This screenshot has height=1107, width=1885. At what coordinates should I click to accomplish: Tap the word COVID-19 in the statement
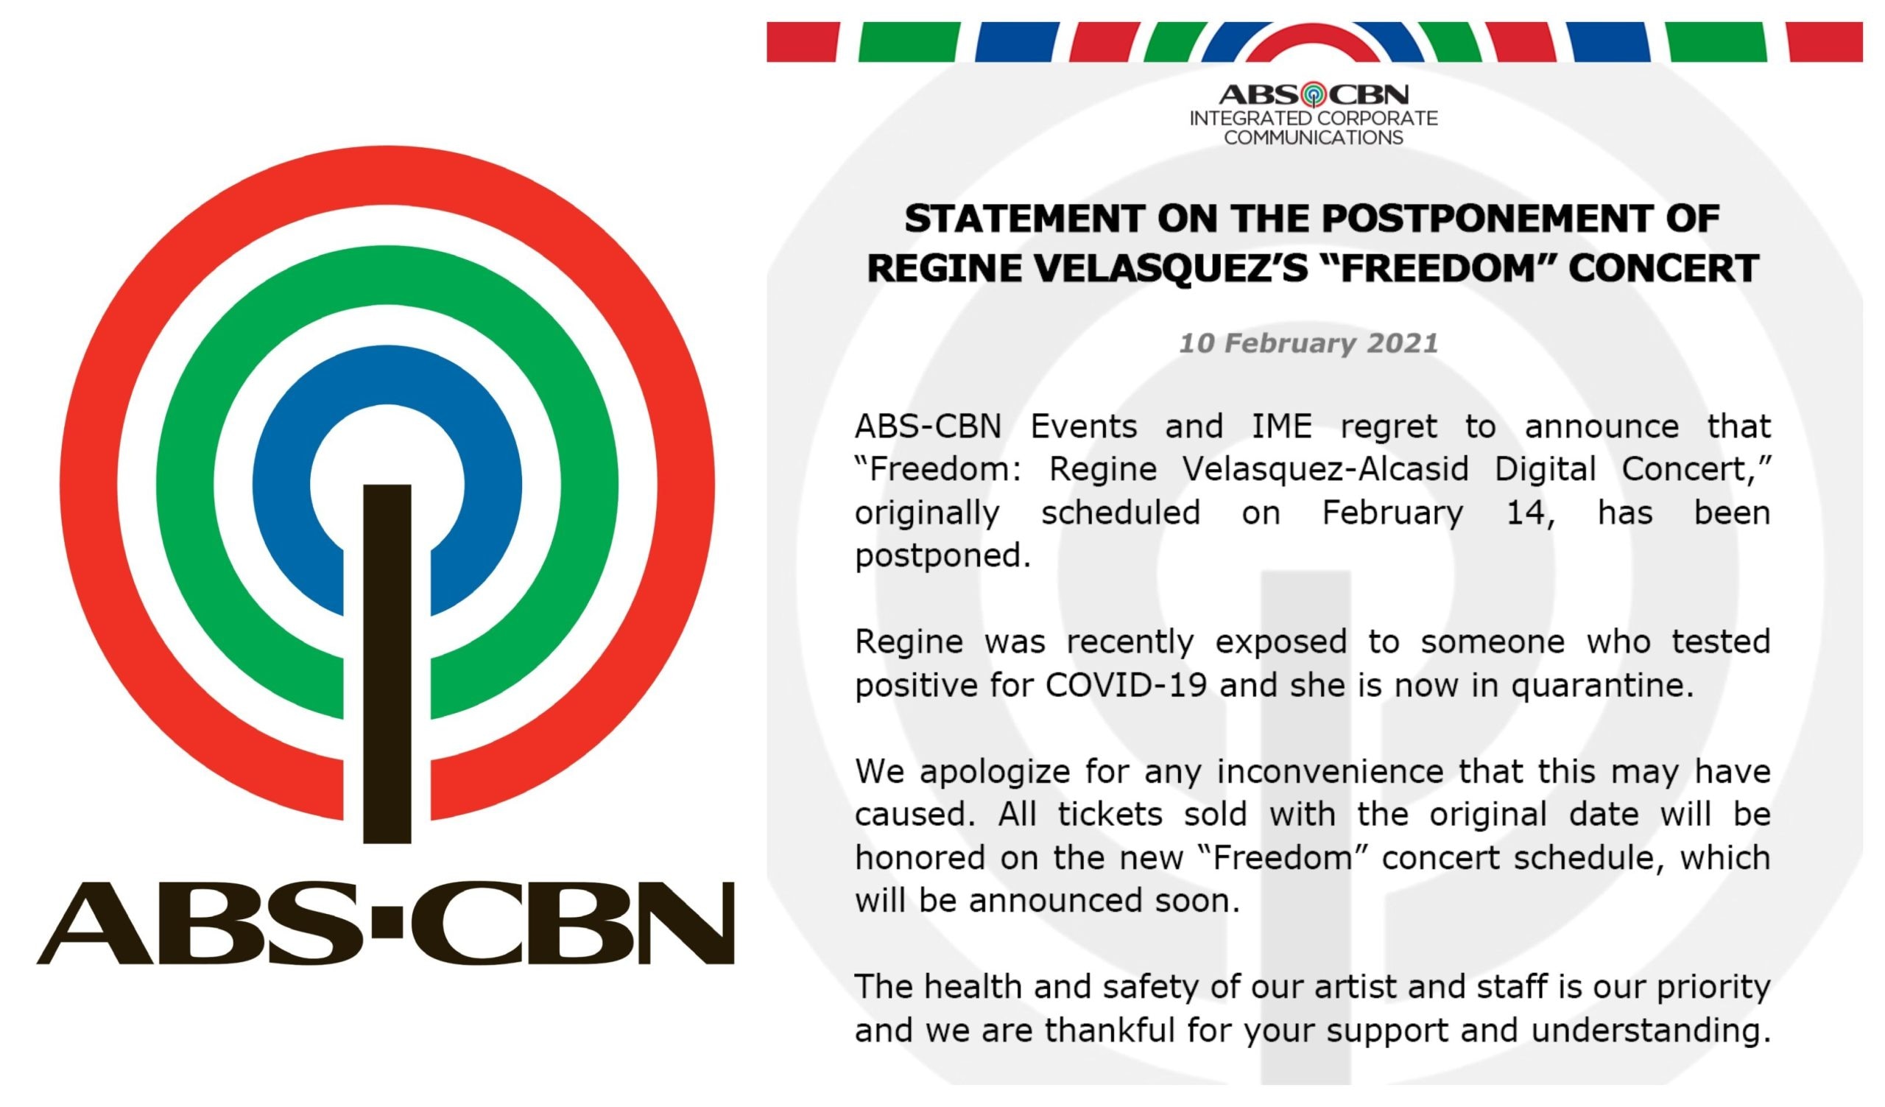coord(1126,685)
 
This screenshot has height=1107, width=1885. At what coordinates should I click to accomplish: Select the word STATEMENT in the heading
coord(1024,219)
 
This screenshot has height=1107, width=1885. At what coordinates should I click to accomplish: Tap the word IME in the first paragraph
coord(1282,426)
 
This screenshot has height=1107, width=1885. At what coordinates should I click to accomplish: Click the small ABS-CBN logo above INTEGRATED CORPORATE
coord(1314,95)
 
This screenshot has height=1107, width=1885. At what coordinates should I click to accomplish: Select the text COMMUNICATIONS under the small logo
coord(1314,138)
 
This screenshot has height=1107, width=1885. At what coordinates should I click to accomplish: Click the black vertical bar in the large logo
coord(387,664)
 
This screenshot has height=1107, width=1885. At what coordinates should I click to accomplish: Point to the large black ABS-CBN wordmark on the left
coord(386,922)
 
